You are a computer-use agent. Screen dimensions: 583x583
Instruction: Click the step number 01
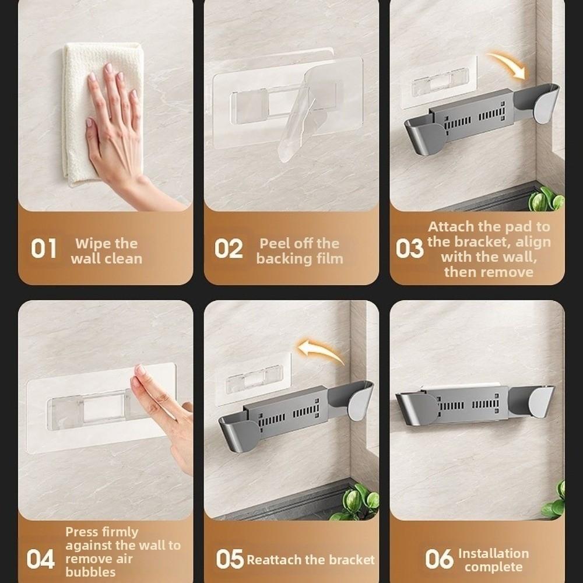(x=44, y=249)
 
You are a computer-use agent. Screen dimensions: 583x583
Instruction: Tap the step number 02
(x=228, y=249)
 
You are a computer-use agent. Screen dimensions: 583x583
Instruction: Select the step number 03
(x=409, y=249)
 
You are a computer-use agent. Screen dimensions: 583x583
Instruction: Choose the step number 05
(x=230, y=560)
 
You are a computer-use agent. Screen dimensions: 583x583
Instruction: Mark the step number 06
(x=438, y=560)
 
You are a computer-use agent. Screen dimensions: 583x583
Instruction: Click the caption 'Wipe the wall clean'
(x=106, y=251)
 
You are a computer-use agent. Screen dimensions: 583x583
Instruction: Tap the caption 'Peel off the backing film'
(x=299, y=251)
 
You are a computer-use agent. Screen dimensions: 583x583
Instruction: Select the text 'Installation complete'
(x=493, y=560)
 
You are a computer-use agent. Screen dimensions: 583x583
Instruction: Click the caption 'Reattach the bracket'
(x=310, y=560)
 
